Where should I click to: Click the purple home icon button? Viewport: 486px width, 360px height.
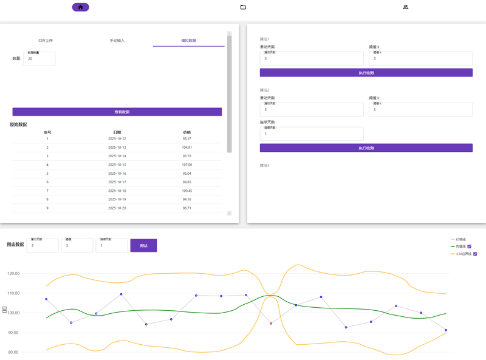81,7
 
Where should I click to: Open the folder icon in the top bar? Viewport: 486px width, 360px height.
243,7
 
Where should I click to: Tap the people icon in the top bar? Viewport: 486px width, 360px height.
405,7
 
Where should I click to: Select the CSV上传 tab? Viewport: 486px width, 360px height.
46,41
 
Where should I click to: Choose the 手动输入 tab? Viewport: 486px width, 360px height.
117,41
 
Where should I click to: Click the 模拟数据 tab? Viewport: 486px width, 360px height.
188,41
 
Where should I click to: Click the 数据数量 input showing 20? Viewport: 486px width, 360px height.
39,59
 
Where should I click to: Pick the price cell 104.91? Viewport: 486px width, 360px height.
187,148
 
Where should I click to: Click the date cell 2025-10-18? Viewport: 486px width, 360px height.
117,191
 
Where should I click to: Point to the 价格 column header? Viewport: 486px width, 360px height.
187,132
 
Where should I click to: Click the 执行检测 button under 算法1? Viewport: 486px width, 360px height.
366,73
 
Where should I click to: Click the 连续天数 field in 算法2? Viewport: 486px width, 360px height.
312,134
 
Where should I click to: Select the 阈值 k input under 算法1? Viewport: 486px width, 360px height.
420,59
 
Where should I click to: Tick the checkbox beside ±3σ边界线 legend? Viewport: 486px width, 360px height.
476,254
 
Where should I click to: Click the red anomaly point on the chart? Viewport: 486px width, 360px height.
271,324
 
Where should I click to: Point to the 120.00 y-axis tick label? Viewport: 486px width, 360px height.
12,274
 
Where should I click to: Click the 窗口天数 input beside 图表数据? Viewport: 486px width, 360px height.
43,246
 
